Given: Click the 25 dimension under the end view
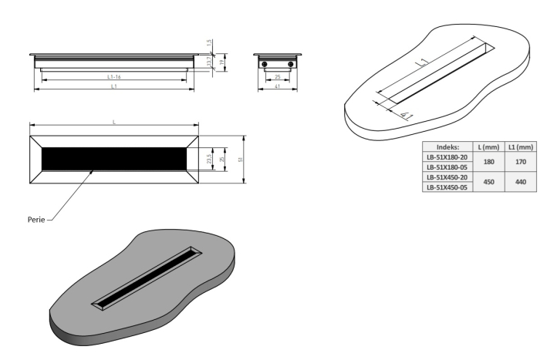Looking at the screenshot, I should (x=278, y=77).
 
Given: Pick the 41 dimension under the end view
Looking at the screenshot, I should (x=278, y=87).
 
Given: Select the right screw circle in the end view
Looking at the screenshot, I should (x=291, y=63).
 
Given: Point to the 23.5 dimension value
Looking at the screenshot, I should (x=209, y=159).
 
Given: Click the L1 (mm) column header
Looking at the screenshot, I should (x=519, y=146).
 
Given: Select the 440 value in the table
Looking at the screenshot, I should (x=519, y=183).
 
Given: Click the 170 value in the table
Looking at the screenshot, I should (x=519, y=163).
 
